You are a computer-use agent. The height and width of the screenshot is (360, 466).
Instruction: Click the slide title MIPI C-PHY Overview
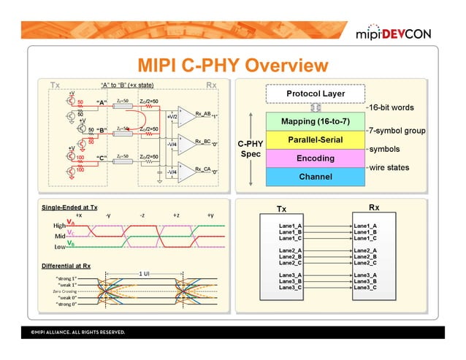[227, 66]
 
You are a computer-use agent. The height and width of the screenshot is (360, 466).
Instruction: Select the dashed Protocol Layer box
[316, 94]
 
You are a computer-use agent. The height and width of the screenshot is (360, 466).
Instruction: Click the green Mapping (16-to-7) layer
[316, 120]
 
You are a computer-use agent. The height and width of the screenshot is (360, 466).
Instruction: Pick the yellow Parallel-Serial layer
[316, 139]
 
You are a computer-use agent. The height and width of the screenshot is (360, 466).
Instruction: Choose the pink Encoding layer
[316, 158]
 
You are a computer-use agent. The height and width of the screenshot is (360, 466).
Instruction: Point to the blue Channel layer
[316, 177]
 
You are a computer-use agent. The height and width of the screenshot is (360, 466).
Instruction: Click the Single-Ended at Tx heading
[70, 208]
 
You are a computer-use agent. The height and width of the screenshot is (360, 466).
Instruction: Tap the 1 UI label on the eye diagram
[144, 273]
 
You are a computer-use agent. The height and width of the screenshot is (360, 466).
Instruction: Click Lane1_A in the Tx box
[291, 226]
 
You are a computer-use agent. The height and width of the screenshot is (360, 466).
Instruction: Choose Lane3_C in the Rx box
[365, 288]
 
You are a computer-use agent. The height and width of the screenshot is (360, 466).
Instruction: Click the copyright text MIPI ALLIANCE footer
[77, 333]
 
